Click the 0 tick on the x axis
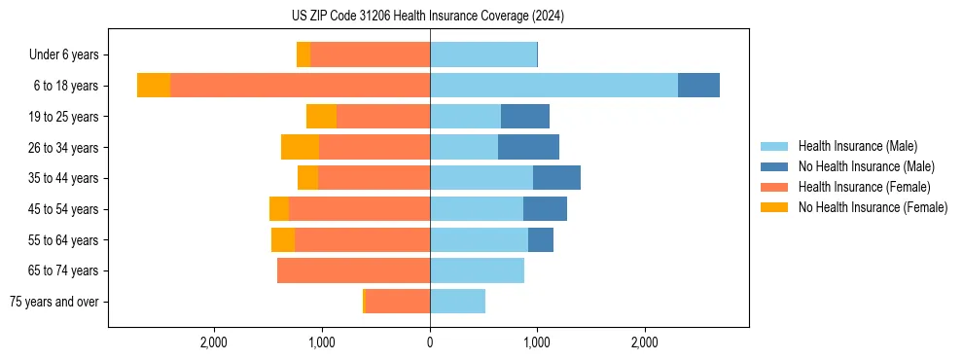pyautogui.click(x=430, y=342)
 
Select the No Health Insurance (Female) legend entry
pyautogui.click(x=873, y=207)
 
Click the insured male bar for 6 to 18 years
pyautogui.click(x=553, y=86)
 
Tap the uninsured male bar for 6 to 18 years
pyautogui.click(x=698, y=86)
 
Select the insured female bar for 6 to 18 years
pyautogui.click(x=300, y=86)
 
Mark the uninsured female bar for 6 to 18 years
pyautogui.click(x=154, y=86)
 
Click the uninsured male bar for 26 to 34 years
pyautogui.click(x=528, y=147)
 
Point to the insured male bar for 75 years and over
pyautogui.click(x=457, y=302)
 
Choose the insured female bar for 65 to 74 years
pyautogui.click(x=353, y=270)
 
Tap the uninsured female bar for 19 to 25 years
pyautogui.click(x=321, y=117)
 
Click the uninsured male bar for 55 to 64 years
pyautogui.click(x=541, y=239)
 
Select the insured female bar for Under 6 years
pyautogui.click(x=370, y=54)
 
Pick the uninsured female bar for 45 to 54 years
pyautogui.click(x=279, y=209)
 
